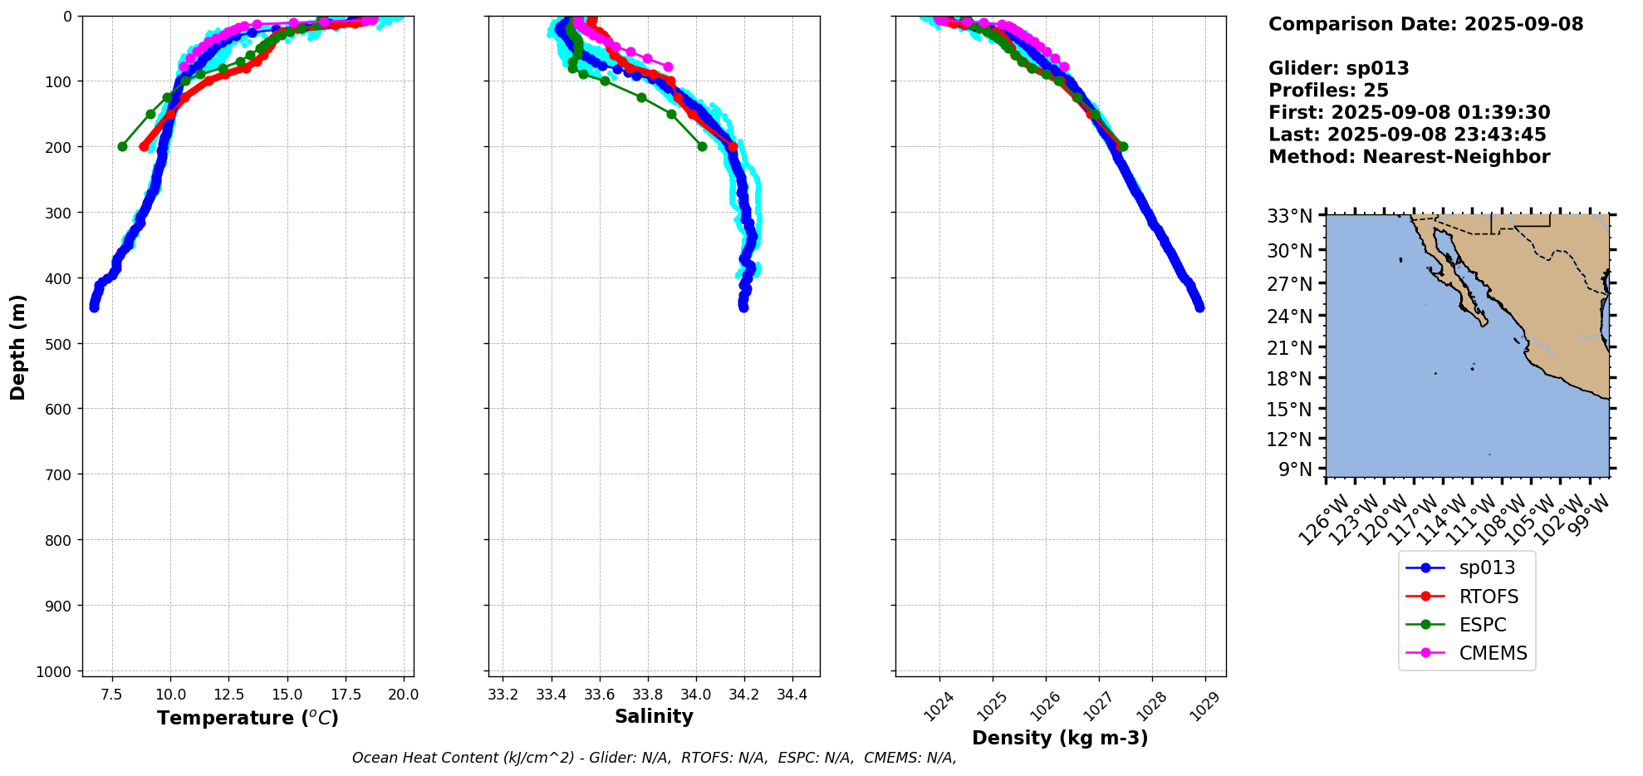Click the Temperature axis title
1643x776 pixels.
coord(248,718)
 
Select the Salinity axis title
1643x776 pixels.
coord(654,717)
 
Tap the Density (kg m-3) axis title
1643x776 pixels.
coord(1060,738)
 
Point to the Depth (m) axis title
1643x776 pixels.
coord(18,346)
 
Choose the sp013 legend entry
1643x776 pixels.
coord(1486,567)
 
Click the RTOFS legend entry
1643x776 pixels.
coord(1488,597)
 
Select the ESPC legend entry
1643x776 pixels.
coord(1482,625)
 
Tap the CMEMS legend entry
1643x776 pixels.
coord(1493,653)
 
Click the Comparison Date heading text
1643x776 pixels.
coord(1425,24)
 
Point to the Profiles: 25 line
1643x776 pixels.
coord(1328,91)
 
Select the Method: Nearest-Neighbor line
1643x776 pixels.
coord(1409,157)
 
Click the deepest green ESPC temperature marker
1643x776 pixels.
coord(122,146)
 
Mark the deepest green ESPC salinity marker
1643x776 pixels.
coord(702,146)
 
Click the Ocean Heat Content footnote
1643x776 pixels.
coord(654,758)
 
